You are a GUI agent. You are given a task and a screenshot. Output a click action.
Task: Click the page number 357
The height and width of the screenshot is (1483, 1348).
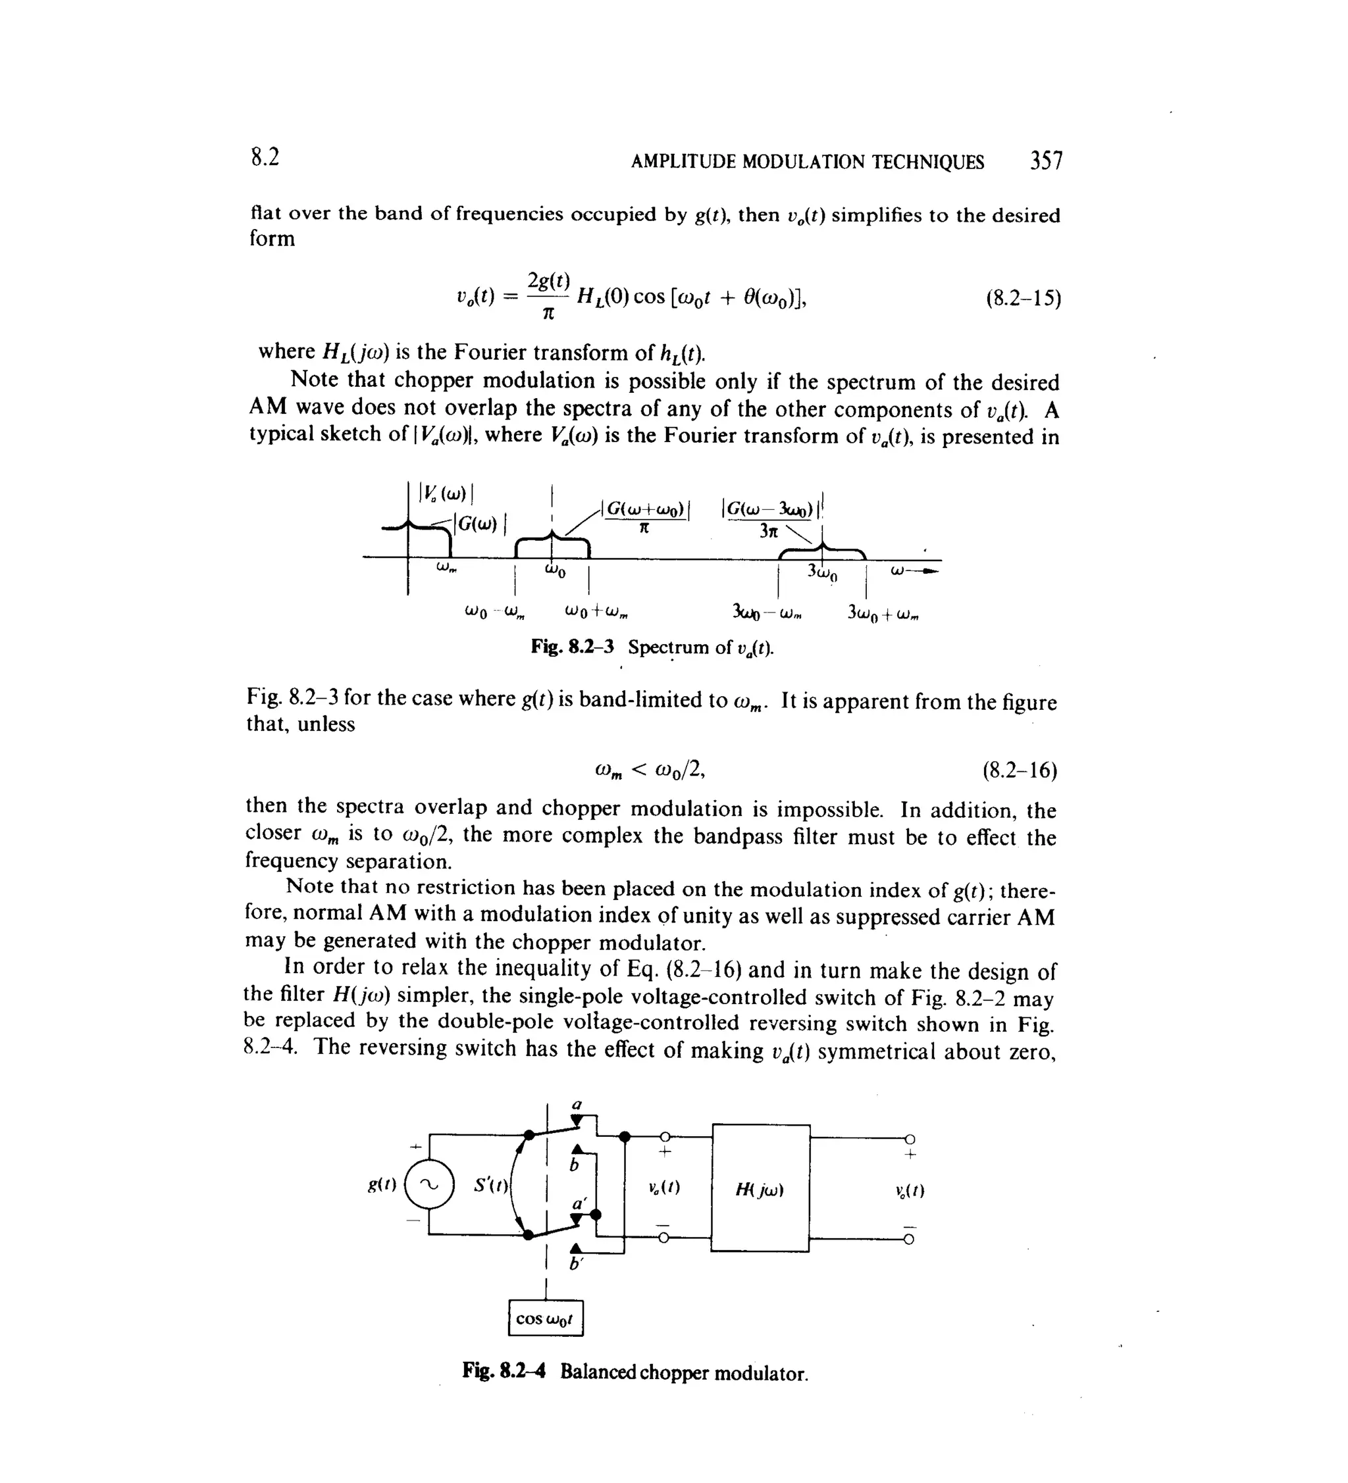(x=1046, y=161)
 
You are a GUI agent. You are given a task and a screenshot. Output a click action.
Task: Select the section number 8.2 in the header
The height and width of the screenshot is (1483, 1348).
(x=265, y=157)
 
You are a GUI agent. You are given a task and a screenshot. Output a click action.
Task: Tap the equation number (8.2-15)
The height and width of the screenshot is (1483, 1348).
(x=1023, y=298)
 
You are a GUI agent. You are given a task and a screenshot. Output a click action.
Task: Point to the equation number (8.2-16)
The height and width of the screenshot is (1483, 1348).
(x=1020, y=770)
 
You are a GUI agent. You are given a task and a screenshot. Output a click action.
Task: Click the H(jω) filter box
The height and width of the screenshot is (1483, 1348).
(x=761, y=1188)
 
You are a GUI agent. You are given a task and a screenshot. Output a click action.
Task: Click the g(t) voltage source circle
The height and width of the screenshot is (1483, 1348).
(x=430, y=1184)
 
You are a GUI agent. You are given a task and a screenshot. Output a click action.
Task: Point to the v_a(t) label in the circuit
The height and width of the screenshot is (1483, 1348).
(x=664, y=1188)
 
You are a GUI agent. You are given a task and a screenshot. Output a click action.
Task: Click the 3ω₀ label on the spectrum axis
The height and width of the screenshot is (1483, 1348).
(x=822, y=572)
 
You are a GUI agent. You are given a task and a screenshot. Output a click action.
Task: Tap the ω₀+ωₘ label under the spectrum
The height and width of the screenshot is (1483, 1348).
(x=596, y=611)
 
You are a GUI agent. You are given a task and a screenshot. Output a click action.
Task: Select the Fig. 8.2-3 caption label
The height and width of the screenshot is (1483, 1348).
(x=572, y=647)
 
